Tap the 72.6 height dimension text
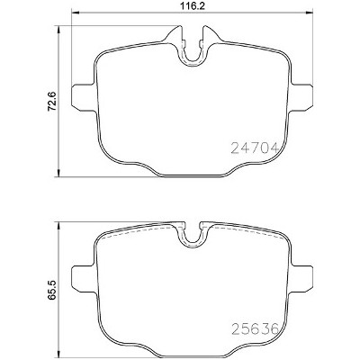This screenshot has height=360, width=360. tap(51, 101)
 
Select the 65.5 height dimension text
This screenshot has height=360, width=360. tap(51, 290)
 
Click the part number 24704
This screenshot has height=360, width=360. tap(255, 148)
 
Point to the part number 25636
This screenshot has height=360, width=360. tap(255, 329)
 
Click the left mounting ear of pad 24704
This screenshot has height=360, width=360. tap(84, 97)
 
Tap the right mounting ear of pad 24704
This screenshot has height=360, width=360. tap(301, 97)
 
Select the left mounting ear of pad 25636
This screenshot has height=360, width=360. tap(84, 278)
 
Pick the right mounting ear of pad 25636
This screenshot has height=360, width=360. tap(301, 278)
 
